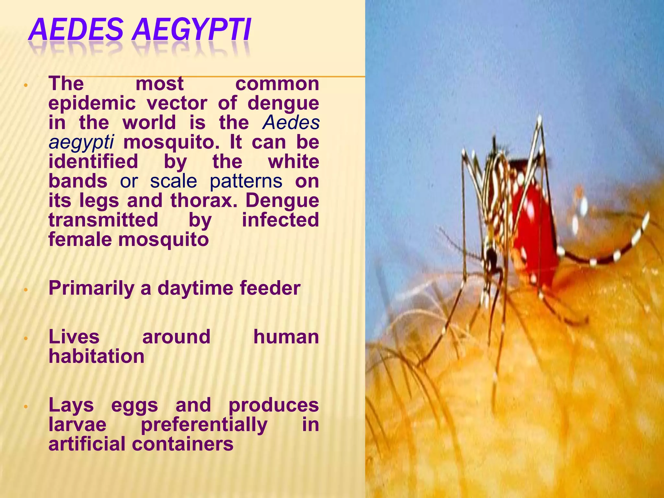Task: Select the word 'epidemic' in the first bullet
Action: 92,104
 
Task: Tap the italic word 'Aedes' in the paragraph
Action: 291,123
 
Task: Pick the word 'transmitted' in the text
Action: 103,220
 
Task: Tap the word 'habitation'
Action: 96,356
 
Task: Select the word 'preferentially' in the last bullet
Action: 204,425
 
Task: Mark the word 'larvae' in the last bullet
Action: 77,425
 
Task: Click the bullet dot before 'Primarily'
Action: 27,290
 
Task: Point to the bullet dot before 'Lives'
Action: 27,338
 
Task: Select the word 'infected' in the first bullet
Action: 280,220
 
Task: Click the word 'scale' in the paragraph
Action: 173,181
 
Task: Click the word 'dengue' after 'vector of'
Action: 283,104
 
